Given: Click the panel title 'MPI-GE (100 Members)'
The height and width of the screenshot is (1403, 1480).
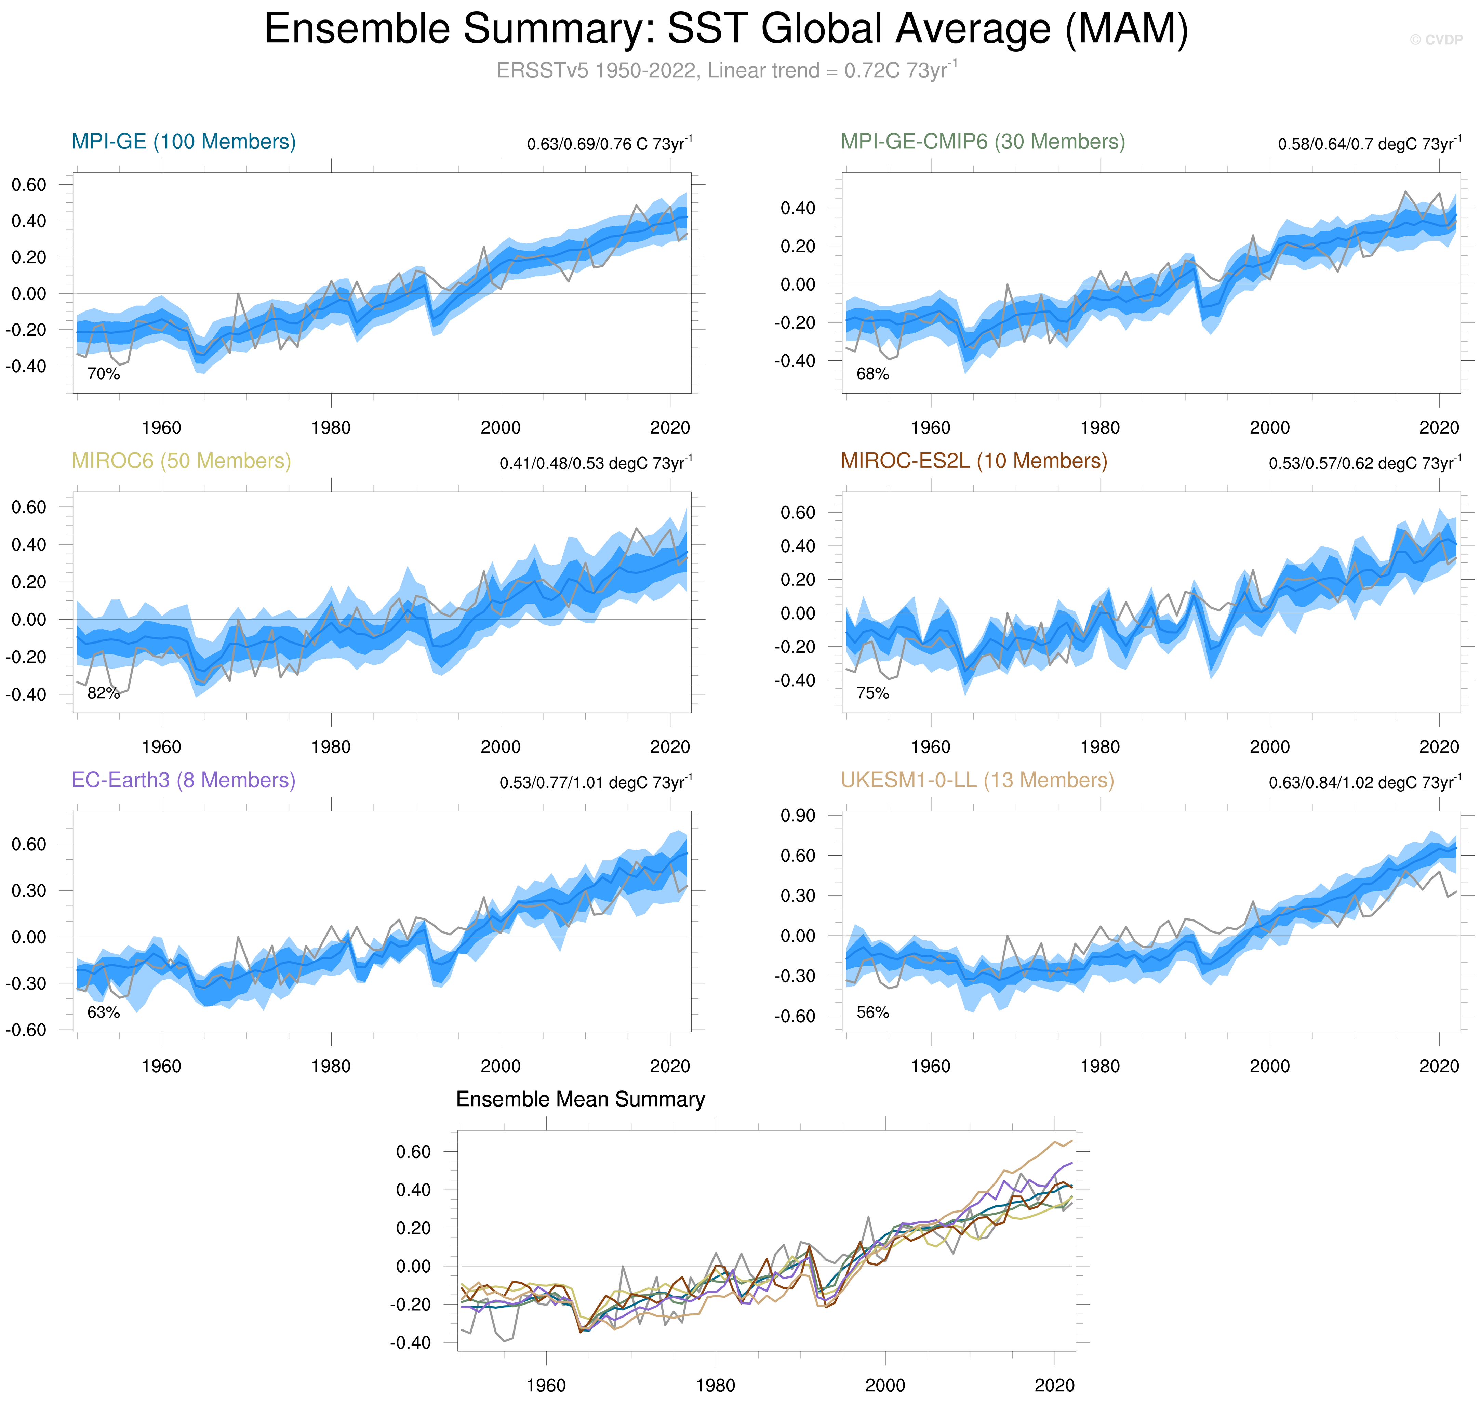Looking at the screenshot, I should (183, 142).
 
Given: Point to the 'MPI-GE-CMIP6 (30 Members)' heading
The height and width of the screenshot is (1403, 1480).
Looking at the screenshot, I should (982, 142).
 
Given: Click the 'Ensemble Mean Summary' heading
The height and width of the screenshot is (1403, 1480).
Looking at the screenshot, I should (580, 1099).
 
